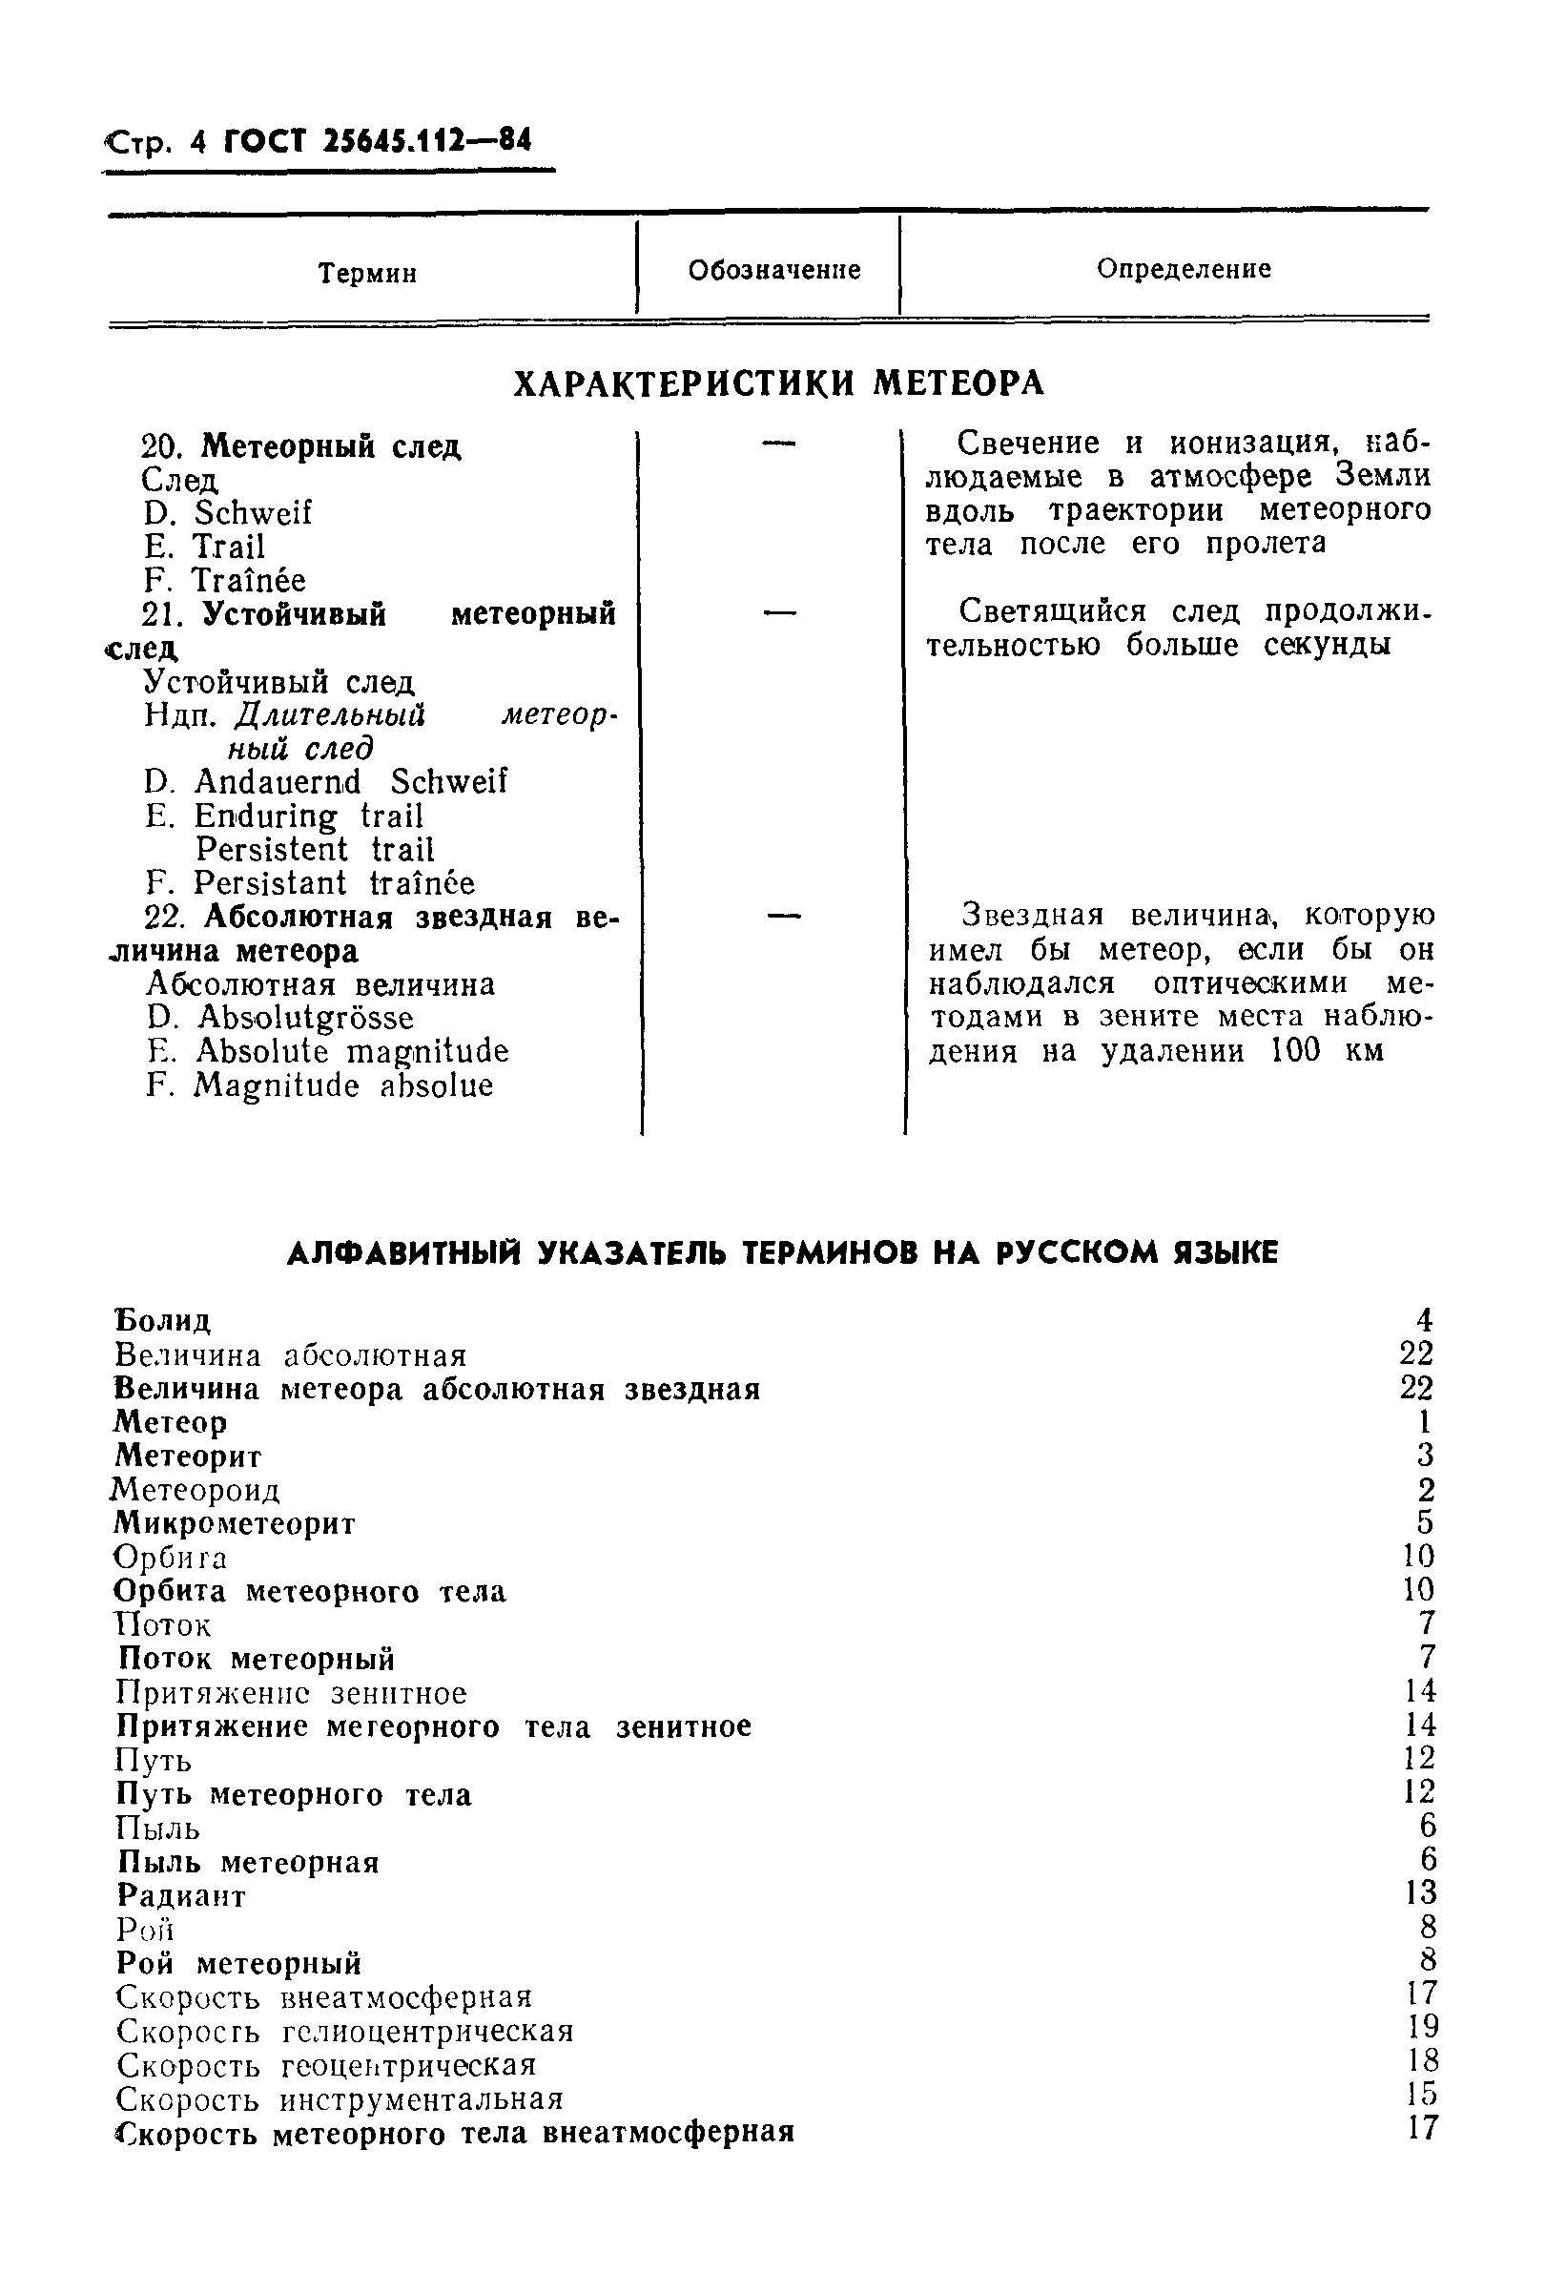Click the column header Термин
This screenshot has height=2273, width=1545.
pos(368,273)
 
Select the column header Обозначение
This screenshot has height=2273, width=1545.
pos(773,270)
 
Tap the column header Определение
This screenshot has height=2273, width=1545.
pos(1184,268)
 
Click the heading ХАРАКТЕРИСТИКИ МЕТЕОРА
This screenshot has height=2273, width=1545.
pos(778,383)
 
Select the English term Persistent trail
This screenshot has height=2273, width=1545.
pos(314,849)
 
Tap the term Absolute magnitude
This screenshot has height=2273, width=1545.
pos(352,1051)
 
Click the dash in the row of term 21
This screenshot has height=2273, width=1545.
pos(779,613)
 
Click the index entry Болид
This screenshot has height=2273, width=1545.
pos(162,1320)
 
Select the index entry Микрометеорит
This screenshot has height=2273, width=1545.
pos(235,1523)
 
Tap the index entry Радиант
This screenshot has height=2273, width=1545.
pos(182,1894)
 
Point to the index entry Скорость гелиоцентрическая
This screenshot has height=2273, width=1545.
pos(344,2031)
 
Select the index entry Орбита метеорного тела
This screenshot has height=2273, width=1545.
pos(310,1591)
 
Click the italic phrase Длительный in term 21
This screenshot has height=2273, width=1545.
pos(331,715)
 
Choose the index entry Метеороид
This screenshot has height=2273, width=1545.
pos(196,1490)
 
